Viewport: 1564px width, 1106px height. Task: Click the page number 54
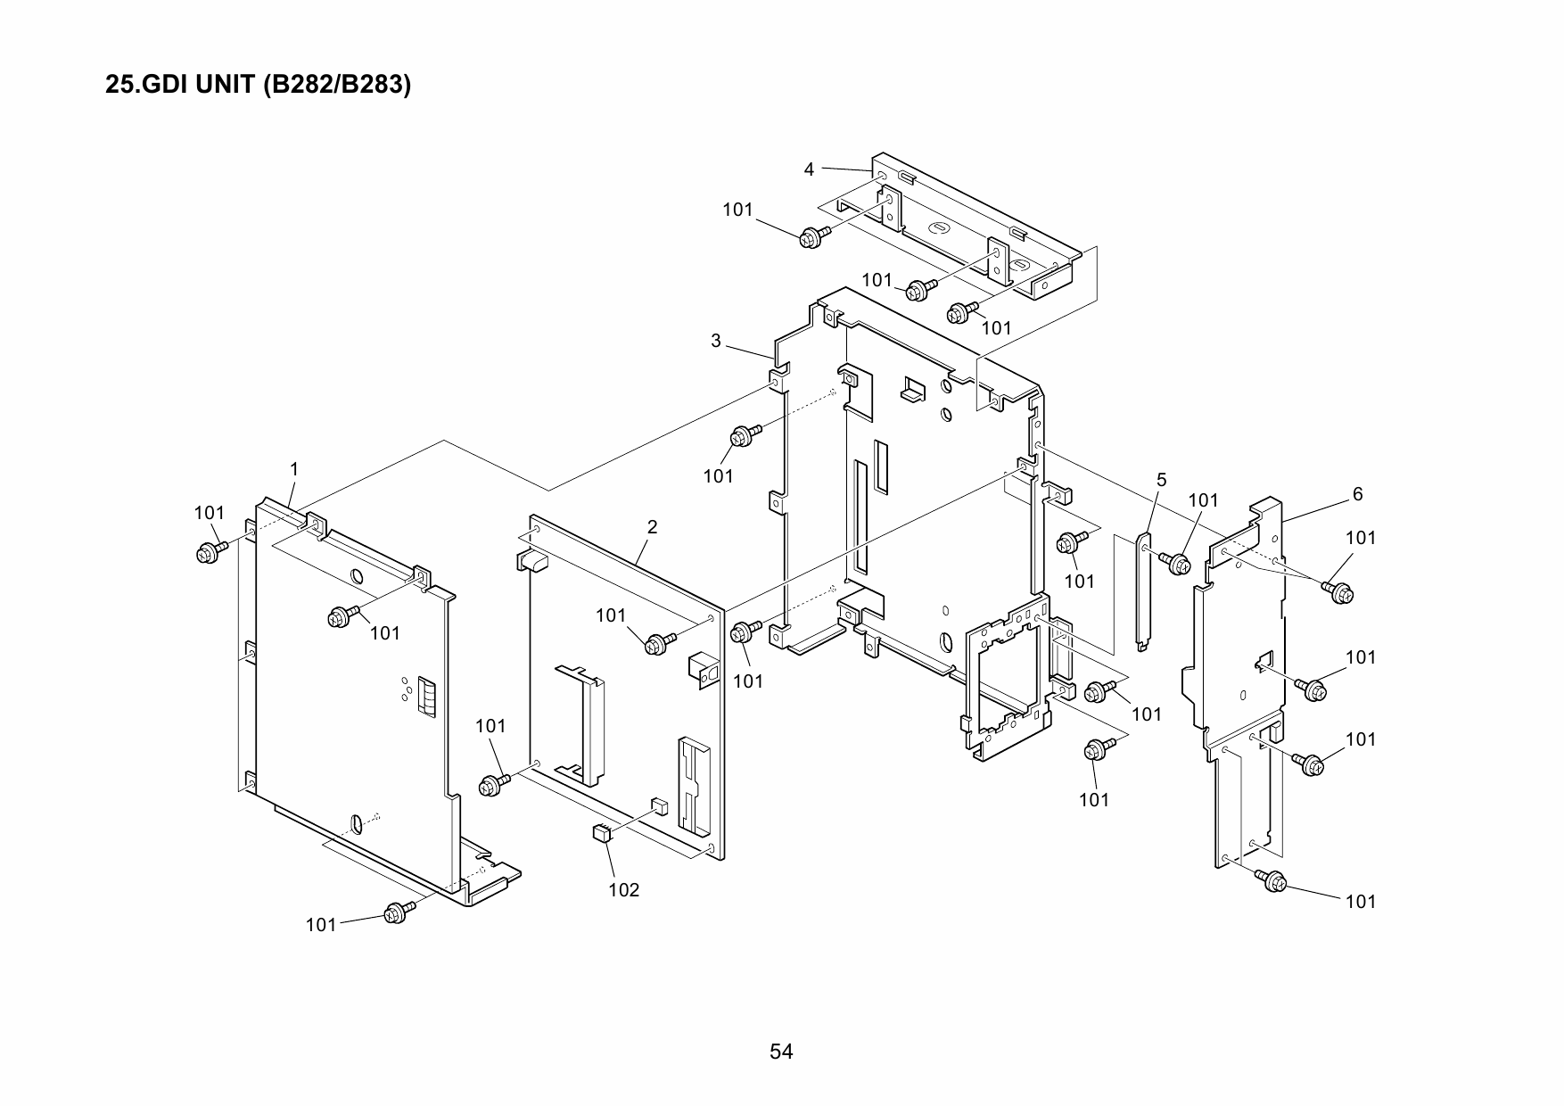tap(781, 1052)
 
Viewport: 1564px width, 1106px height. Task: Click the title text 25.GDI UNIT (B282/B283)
tap(258, 86)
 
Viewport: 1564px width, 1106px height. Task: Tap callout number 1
tap(294, 468)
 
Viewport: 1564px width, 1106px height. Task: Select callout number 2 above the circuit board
tap(652, 527)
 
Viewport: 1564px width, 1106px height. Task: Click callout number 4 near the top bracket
tap(809, 169)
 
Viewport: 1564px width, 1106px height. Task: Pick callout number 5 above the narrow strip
tap(1161, 480)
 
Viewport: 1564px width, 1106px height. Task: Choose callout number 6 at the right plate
tap(1358, 494)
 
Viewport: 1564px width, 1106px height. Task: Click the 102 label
tap(624, 890)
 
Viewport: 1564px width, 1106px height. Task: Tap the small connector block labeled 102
tap(601, 833)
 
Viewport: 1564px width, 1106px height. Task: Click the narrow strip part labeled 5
tap(1142, 589)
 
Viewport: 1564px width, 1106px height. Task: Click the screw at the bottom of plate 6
tap(1273, 881)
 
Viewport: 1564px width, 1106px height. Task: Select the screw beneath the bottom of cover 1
tap(396, 913)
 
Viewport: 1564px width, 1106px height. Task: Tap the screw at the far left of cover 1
tap(209, 552)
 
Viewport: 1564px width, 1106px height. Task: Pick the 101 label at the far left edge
tap(210, 513)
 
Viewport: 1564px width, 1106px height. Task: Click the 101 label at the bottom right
tap(1361, 902)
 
